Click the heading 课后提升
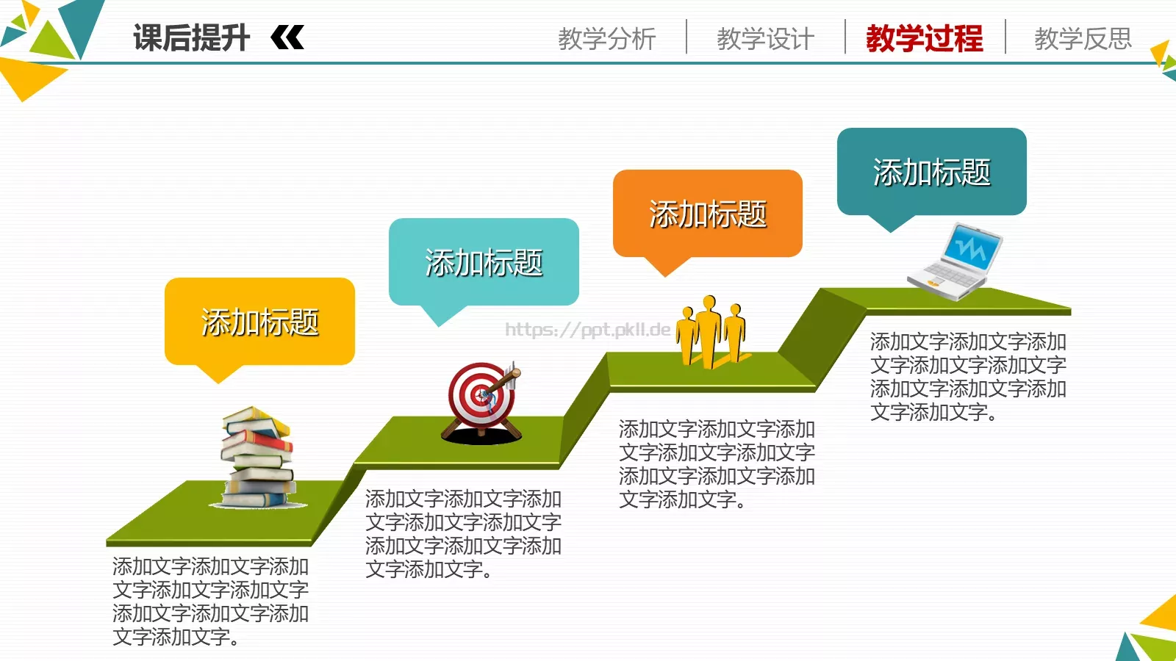click(x=191, y=38)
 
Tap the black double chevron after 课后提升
click(x=287, y=37)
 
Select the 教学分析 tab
click(x=606, y=38)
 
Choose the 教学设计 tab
click(x=765, y=38)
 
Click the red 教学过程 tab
click(x=924, y=38)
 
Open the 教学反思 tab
click(x=1083, y=38)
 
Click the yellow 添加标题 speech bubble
click(x=259, y=322)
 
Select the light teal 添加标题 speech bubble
click(x=484, y=262)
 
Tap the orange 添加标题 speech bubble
click(x=707, y=214)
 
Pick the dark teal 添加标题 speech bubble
click(x=931, y=172)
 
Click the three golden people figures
click(x=711, y=331)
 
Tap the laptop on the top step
click(x=955, y=262)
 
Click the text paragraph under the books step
click(x=210, y=602)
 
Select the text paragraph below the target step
click(x=463, y=534)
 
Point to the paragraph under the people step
click(x=717, y=464)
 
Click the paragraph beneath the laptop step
click(x=968, y=377)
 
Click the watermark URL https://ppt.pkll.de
click(x=587, y=330)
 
